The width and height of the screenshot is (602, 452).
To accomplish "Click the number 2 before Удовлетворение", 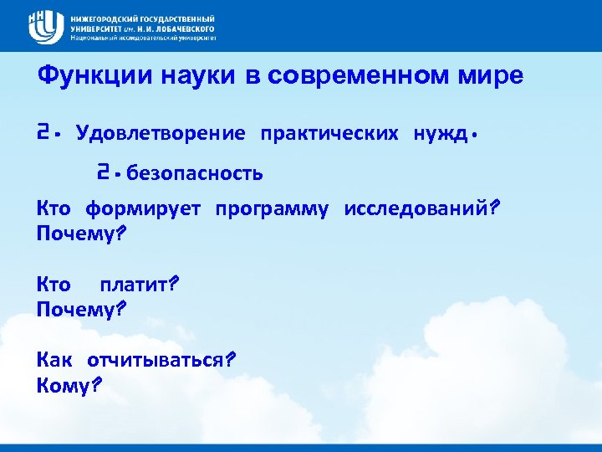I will tap(44, 132).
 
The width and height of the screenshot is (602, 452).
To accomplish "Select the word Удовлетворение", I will tap(161, 133).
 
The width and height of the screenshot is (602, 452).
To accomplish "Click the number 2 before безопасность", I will tap(103, 172).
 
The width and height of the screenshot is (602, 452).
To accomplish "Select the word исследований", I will tap(417, 208).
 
